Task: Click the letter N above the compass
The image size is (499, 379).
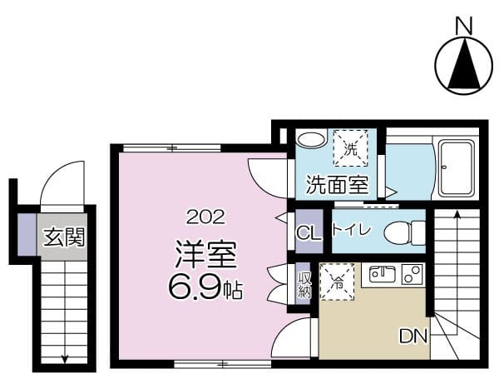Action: coord(464,25)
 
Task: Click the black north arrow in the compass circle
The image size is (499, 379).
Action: coord(464,64)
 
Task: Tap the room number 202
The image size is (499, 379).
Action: coord(206,217)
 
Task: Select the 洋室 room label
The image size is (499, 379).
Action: coord(205,254)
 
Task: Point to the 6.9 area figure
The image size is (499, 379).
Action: coord(194,288)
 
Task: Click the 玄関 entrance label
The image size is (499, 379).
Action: coord(65,237)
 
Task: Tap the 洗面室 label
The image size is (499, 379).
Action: coord(338,185)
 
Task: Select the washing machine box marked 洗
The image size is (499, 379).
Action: coord(350,147)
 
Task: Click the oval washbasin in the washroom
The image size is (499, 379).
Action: coord(312,139)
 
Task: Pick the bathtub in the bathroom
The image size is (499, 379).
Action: coord(456,169)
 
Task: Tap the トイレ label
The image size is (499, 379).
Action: coord(351,229)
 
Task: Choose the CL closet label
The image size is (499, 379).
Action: coord(309,234)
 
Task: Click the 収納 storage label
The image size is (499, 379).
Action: coord(304,285)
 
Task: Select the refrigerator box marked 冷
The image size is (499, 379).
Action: coord(338,282)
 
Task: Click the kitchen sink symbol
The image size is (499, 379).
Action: coord(383,274)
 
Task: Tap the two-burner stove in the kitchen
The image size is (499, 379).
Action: coord(413,274)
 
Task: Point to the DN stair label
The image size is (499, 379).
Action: coord(413,336)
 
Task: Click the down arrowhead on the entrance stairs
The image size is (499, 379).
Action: coord(65,359)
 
